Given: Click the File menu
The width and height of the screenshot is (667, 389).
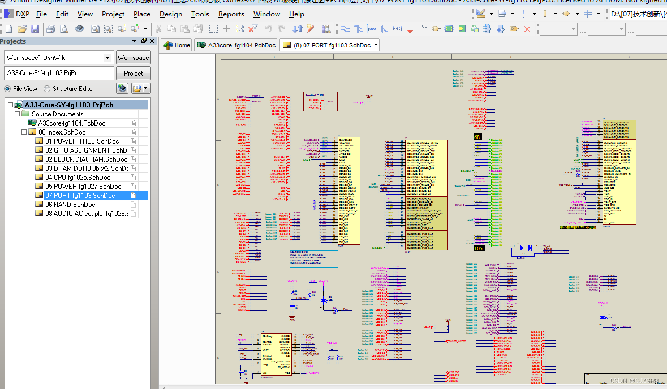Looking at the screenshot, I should (41, 14).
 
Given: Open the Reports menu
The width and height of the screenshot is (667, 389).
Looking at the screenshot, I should (231, 14).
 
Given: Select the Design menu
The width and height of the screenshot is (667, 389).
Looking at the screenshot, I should (170, 14).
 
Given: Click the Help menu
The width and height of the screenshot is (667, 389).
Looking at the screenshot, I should (296, 14).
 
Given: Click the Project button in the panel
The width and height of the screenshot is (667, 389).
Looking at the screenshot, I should (133, 73).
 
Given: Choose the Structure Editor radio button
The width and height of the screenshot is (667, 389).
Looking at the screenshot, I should (47, 89).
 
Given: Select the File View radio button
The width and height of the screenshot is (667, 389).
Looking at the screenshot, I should (7, 89).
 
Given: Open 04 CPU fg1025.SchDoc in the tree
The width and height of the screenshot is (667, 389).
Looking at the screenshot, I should (78, 177).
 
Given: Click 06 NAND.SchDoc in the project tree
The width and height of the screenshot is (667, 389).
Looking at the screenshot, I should (70, 204).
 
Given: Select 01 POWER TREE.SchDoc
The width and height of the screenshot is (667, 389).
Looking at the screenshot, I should (82, 141).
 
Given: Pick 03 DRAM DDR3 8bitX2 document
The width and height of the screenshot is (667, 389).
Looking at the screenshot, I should (87, 168).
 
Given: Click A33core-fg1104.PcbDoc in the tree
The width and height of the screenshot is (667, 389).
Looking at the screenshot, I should (71, 123).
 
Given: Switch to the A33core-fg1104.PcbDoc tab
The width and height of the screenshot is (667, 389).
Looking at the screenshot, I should (236, 45).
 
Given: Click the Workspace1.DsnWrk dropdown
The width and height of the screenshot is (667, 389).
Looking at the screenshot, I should (59, 57).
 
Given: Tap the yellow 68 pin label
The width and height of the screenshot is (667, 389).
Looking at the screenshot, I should (477, 137).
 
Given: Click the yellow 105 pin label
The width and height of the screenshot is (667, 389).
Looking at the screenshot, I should (479, 248).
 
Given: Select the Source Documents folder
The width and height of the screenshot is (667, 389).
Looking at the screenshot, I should (57, 114).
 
